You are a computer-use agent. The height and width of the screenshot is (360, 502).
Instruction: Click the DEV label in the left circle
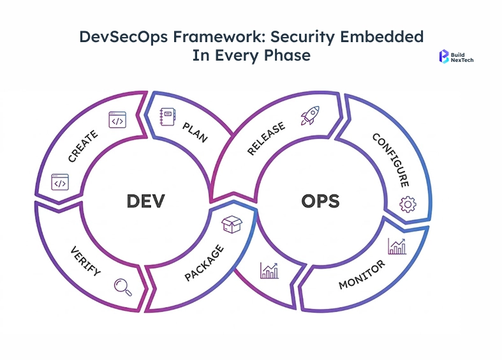(145, 201)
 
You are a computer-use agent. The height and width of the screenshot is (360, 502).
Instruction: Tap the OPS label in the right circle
(320, 202)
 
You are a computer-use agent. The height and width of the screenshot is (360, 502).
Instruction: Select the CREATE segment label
(83, 146)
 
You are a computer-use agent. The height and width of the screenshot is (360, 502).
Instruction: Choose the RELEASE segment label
(267, 139)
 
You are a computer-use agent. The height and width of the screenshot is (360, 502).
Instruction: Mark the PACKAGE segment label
(204, 262)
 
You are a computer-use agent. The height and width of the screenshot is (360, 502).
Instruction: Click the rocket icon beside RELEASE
(310, 116)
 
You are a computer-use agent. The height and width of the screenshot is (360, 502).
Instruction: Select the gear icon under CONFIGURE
(407, 204)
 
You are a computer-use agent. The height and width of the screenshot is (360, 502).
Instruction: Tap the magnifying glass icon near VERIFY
(122, 287)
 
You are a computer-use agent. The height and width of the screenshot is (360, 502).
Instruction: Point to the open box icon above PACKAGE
(230, 224)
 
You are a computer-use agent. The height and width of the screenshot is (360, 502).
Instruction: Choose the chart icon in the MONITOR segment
(397, 246)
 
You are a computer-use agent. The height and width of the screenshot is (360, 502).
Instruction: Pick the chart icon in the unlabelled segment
(269, 271)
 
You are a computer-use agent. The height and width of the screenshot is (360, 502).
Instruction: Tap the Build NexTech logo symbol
(445, 57)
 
